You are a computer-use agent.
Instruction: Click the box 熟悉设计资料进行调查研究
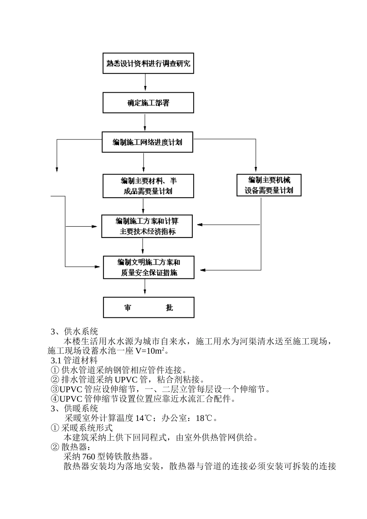[148, 63]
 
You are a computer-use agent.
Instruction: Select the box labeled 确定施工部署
[148, 103]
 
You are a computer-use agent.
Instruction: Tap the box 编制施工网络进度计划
[147, 142]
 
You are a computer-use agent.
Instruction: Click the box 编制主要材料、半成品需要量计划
[148, 186]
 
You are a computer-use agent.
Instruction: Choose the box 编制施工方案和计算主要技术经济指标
[147, 226]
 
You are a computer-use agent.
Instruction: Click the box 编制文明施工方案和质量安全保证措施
[148, 267]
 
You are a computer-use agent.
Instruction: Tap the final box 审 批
[148, 307]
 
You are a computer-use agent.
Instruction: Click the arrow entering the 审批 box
[145, 288]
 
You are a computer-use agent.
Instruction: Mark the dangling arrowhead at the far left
[57, 169]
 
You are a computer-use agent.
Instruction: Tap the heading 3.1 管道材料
[74, 360]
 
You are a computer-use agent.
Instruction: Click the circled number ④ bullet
[55, 399]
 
